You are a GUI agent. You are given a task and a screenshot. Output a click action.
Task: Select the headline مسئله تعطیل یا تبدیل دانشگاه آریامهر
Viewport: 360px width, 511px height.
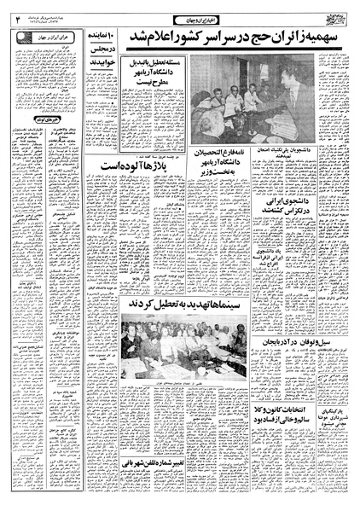[x=159, y=78]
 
